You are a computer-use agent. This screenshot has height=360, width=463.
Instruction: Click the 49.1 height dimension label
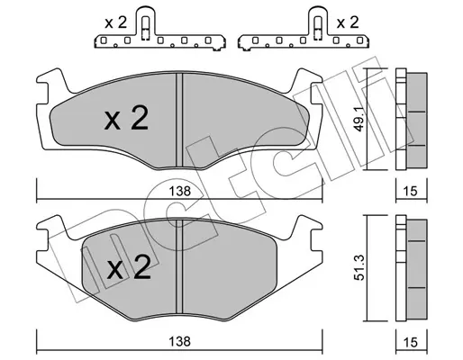click(359, 120)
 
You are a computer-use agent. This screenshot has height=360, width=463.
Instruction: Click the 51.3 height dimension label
click(359, 267)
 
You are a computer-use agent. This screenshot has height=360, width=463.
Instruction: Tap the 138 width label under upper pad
click(179, 191)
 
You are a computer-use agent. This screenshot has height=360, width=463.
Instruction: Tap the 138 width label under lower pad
click(179, 341)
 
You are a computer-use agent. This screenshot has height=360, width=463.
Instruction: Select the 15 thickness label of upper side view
click(411, 191)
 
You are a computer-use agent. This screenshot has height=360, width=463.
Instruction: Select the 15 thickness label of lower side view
click(411, 342)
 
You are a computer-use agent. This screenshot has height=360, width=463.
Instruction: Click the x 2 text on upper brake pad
click(126, 118)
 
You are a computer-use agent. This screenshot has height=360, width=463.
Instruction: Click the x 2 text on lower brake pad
click(129, 267)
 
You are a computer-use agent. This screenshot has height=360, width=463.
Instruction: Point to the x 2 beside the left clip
click(116, 22)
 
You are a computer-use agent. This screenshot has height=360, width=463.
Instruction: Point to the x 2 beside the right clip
click(348, 22)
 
